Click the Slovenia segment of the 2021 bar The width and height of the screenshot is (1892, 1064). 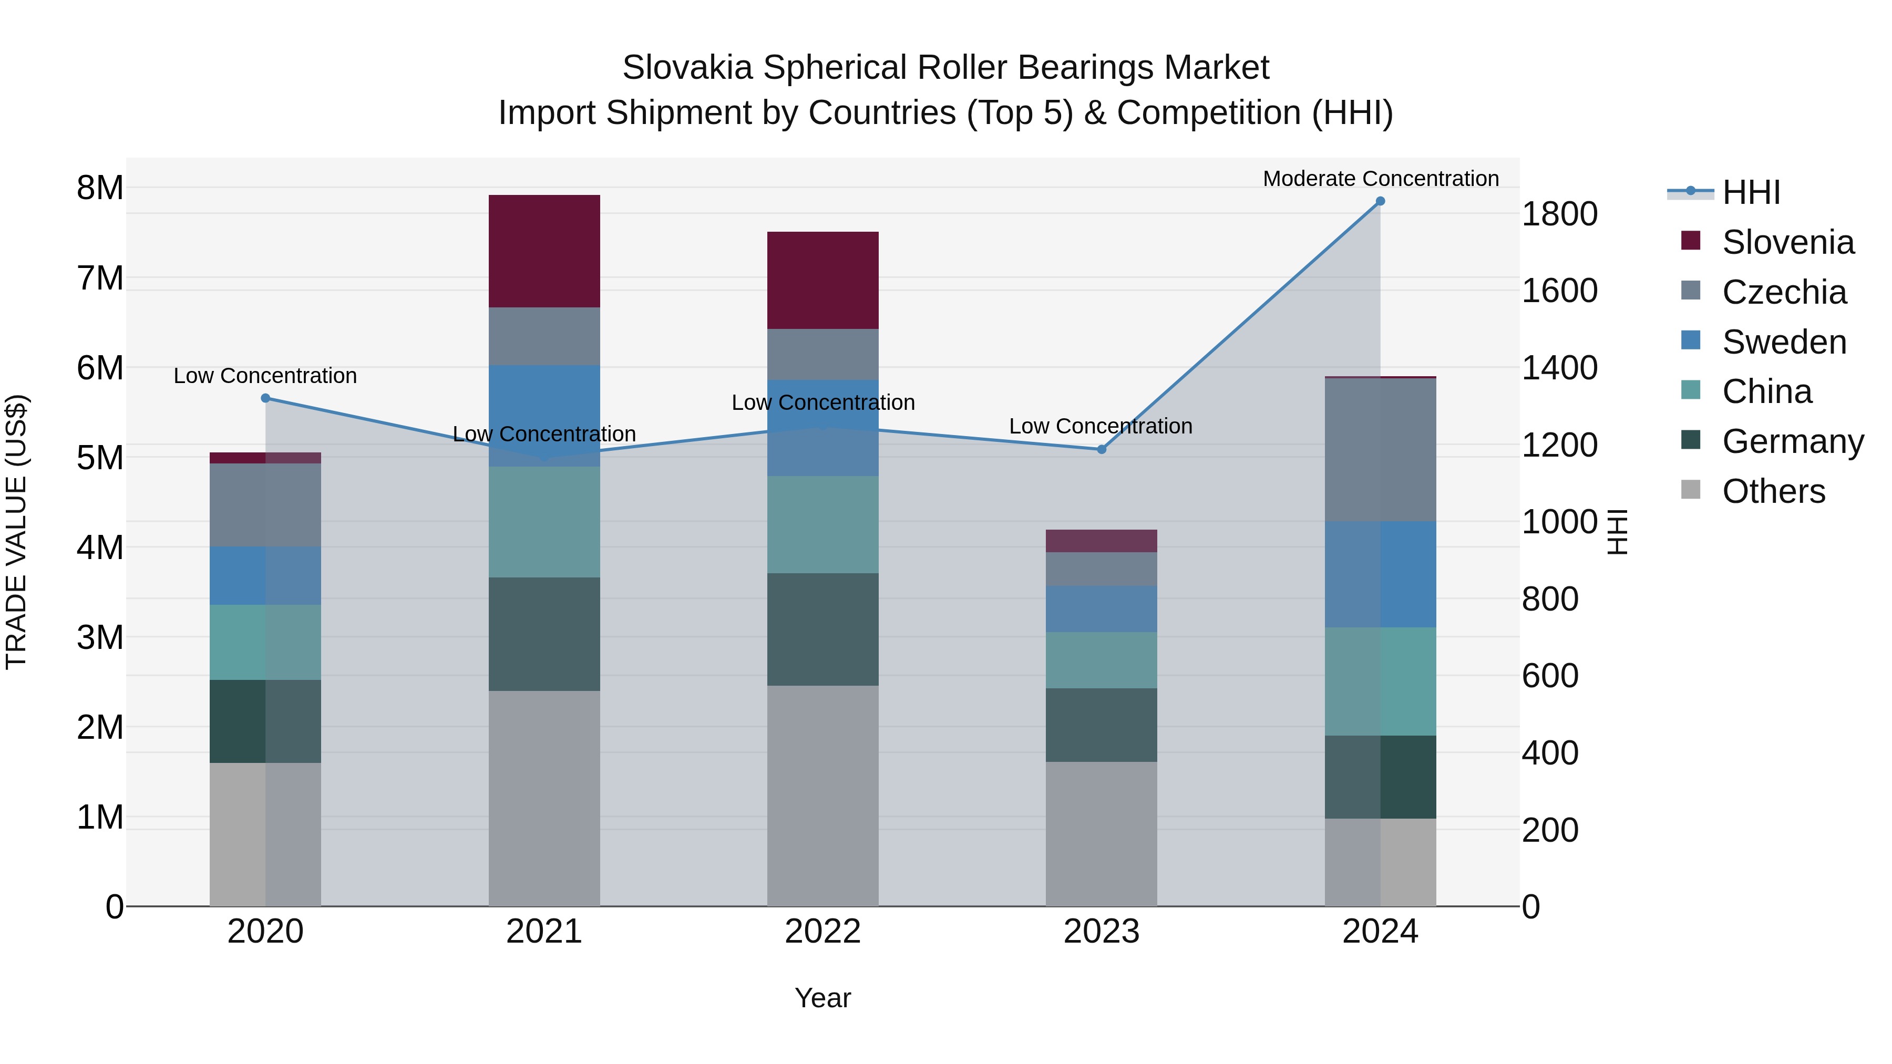544,251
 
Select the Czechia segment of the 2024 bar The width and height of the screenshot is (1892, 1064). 1380,449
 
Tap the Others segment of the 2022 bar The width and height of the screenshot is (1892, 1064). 822,796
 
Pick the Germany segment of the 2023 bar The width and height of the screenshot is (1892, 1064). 1101,725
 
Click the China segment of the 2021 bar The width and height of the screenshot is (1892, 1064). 544,522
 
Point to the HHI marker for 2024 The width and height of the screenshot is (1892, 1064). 1380,201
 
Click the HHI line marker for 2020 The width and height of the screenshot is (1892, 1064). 266,398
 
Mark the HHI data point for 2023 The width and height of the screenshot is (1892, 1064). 1102,449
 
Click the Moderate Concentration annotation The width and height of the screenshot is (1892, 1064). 1380,179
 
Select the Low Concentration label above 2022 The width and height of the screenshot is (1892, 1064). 822,402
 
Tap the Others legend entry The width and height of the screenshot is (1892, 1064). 1773,491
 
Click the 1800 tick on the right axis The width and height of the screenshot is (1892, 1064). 1559,214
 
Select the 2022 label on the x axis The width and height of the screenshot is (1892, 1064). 822,932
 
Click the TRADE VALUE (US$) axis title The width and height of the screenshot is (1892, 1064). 16,532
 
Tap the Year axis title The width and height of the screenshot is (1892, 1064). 822,998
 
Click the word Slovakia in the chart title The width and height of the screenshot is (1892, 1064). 687,68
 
